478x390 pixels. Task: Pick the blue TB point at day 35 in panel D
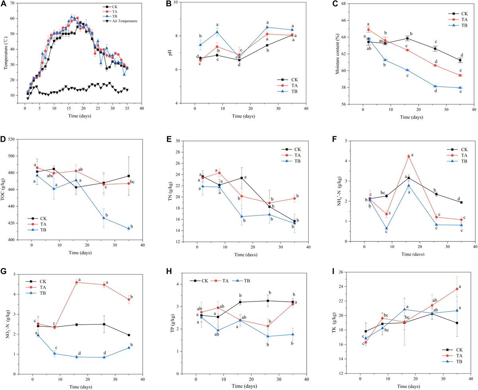(x=128, y=228)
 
